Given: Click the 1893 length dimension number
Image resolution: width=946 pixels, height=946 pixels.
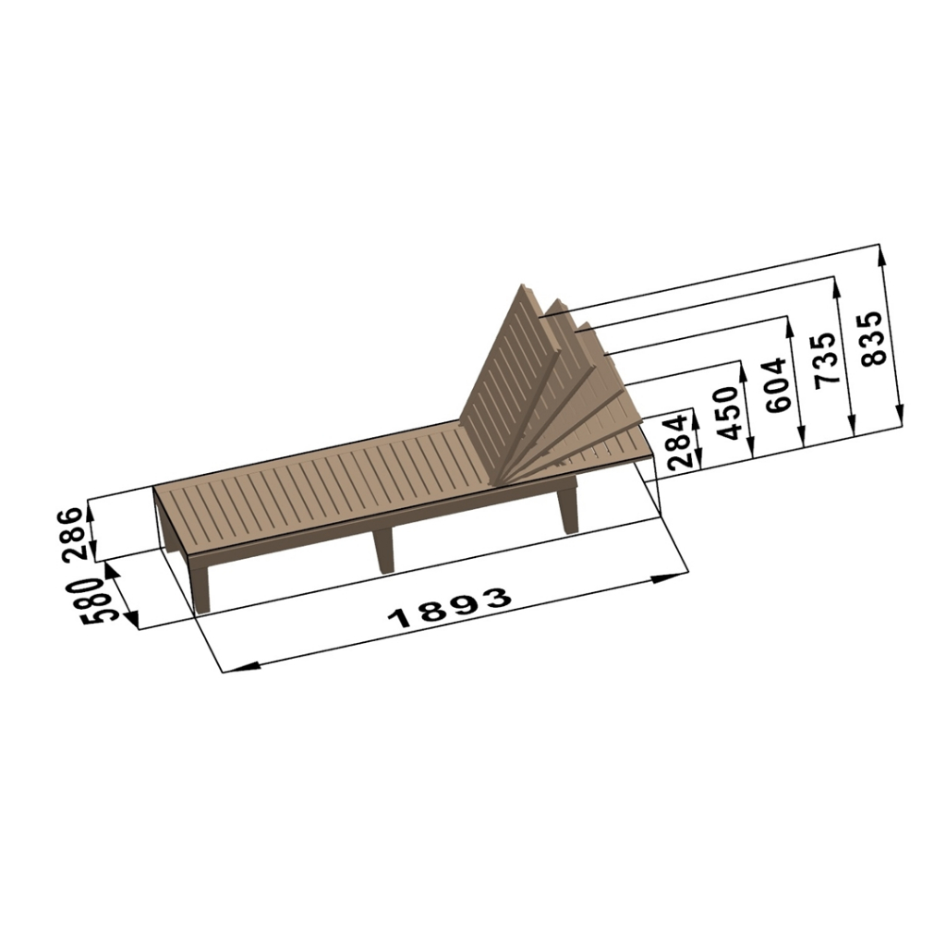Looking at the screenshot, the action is pyautogui.click(x=450, y=608).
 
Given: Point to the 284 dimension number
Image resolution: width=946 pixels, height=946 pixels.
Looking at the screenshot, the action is pyautogui.click(x=679, y=441).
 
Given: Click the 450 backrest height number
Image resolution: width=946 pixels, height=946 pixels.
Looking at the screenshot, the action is pyautogui.click(x=726, y=413).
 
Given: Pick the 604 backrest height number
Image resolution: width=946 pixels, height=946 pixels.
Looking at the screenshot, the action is pyautogui.click(x=776, y=385).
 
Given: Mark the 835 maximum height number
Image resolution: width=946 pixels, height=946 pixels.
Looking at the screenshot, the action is pyautogui.click(x=873, y=338).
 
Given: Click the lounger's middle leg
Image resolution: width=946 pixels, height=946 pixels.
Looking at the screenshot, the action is pyautogui.click(x=383, y=551).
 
